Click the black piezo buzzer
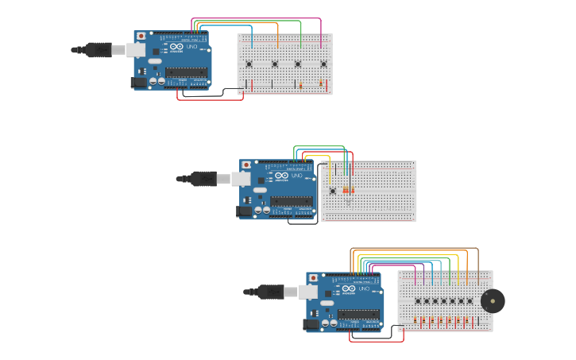coord(493,300)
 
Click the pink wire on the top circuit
coord(254,18)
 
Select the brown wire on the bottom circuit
coord(413,248)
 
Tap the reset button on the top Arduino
coord(141,37)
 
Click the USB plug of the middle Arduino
coord(203,179)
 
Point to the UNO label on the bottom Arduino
coord(364,288)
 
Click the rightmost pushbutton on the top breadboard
coord(323,64)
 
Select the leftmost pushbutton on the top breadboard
coord(249,64)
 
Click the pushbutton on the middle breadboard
coord(332,190)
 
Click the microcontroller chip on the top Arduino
coord(186,72)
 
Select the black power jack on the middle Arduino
coord(244,211)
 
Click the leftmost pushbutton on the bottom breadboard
coord(418,300)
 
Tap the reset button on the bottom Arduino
coord(313,278)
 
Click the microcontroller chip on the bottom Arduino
coord(358,314)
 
